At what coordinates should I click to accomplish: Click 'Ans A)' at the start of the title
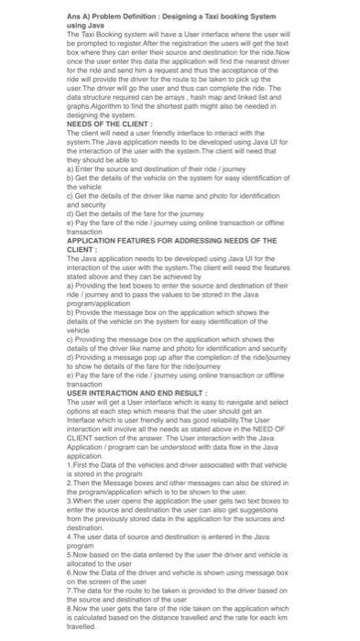pos(80,16)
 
